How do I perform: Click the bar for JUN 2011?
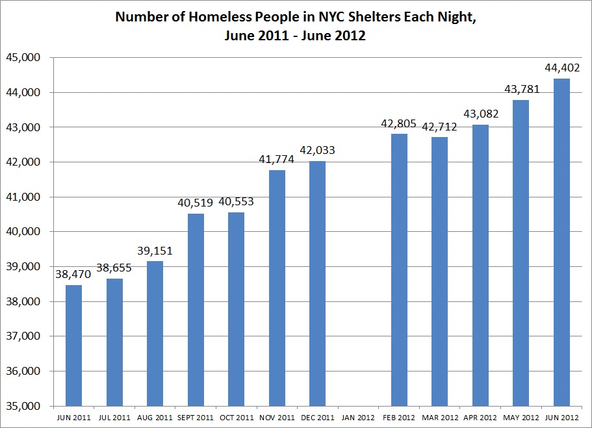tap(73, 345)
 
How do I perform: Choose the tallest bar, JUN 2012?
tap(561, 242)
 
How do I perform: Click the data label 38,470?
tap(73, 275)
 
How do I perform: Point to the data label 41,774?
tap(276, 160)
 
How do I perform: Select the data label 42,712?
tap(439, 127)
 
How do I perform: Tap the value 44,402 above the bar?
tap(561, 68)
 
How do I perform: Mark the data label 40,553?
tap(236, 202)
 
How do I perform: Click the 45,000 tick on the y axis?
tap(23, 58)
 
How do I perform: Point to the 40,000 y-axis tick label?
tap(23, 232)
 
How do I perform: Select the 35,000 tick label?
tap(23, 406)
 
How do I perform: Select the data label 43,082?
tap(480, 114)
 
